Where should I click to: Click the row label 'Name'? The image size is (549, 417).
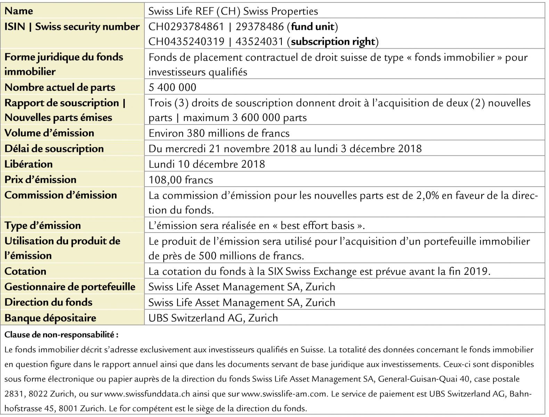pyautogui.click(x=19, y=11)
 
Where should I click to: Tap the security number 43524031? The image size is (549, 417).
pyautogui.click(x=259, y=42)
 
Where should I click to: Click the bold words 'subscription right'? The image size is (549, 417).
pyautogui.click(x=333, y=42)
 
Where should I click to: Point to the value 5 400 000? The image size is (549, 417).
pyautogui.click(x=172, y=87)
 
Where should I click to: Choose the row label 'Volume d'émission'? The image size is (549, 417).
pyautogui.click(x=49, y=133)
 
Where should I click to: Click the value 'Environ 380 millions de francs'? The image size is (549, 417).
pyautogui.click(x=219, y=133)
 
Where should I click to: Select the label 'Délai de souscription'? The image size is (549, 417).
pyautogui.click(x=54, y=148)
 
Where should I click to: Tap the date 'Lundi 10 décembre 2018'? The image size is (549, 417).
pyautogui.click(x=207, y=164)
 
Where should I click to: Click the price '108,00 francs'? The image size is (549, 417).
pyautogui.click(x=181, y=180)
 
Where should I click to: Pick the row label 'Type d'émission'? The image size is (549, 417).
pyautogui.click(x=42, y=226)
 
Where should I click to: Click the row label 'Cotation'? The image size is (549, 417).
pyautogui.click(x=25, y=271)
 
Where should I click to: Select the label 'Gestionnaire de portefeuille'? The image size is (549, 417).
pyautogui.click(x=70, y=287)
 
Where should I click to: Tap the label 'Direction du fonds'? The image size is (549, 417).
pyautogui.click(x=48, y=302)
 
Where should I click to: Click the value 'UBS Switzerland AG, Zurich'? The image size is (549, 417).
pyautogui.click(x=213, y=318)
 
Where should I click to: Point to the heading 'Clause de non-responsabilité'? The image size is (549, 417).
pyautogui.click(x=61, y=335)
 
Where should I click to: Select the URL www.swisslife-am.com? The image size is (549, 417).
pyautogui.click(x=284, y=394)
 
